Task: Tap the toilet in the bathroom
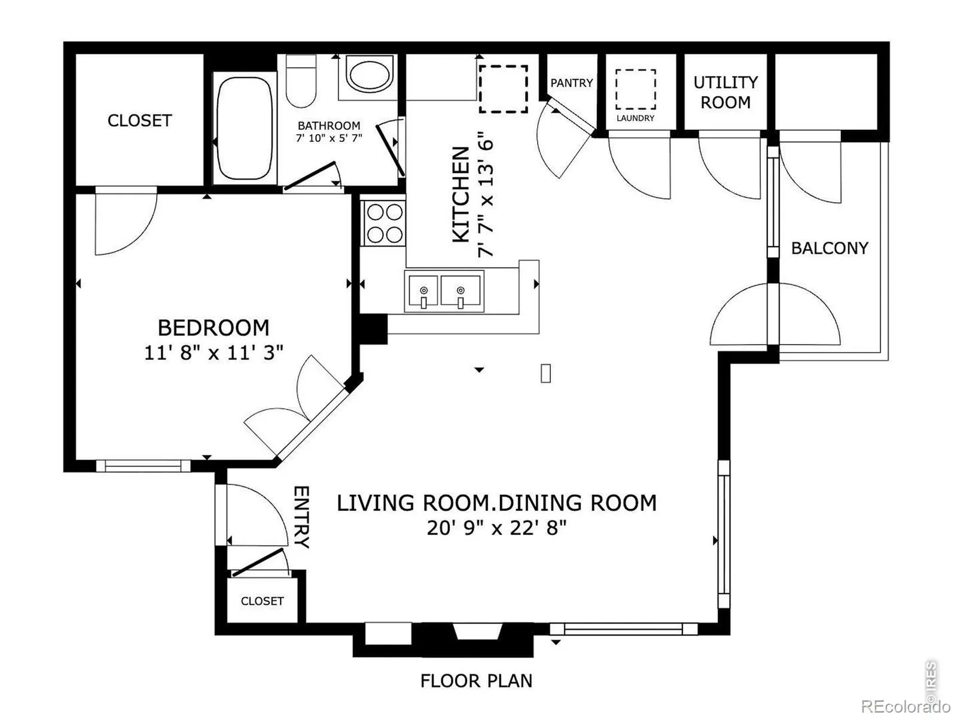pyautogui.click(x=301, y=81)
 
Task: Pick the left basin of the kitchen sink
pyautogui.click(x=423, y=291)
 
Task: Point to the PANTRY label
pyautogui.click(x=572, y=83)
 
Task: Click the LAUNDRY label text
pyautogui.click(x=635, y=118)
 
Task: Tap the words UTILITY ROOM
pyautogui.click(x=726, y=92)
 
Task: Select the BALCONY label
pyautogui.click(x=830, y=248)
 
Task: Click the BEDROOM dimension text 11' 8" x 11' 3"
pyautogui.click(x=214, y=352)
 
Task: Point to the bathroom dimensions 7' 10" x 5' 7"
pyautogui.click(x=329, y=138)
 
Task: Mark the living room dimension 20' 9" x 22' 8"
pyautogui.click(x=496, y=528)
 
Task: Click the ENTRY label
pyautogui.click(x=301, y=517)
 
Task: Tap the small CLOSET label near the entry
pyautogui.click(x=262, y=601)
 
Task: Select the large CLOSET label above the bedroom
pyautogui.click(x=139, y=121)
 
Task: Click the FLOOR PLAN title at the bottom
pyautogui.click(x=476, y=680)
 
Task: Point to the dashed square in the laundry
pyautogui.click(x=636, y=89)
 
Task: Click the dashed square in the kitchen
pyautogui.click(x=504, y=89)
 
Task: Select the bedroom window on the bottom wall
pyautogui.click(x=144, y=466)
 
